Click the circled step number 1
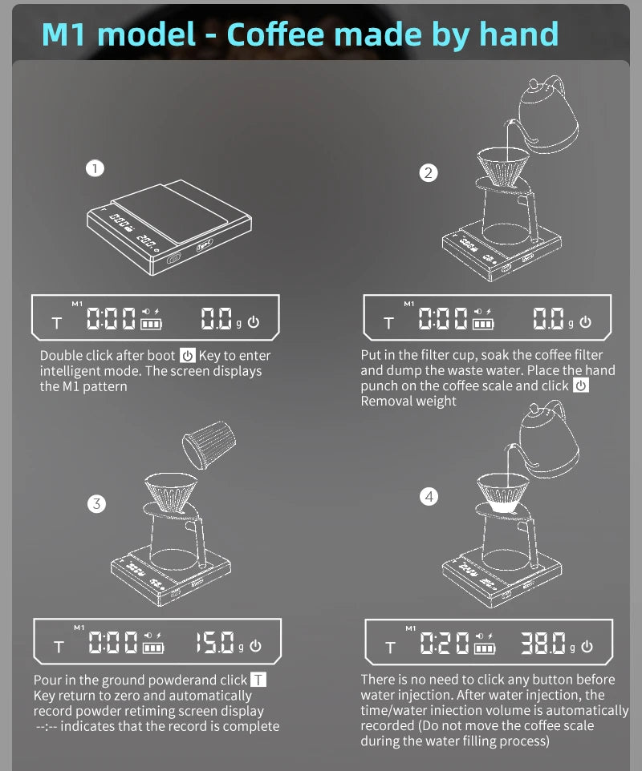tap(95, 168)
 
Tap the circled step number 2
tap(429, 172)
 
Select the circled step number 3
tap(96, 504)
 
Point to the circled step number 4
tap(429, 497)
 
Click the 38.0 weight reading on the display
tap(544, 644)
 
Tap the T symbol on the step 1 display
tap(56, 324)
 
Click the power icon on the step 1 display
tap(254, 322)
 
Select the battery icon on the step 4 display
tap(484, 648)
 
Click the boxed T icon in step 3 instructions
tap(258, 680)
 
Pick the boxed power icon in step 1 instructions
tap(187, 356)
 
